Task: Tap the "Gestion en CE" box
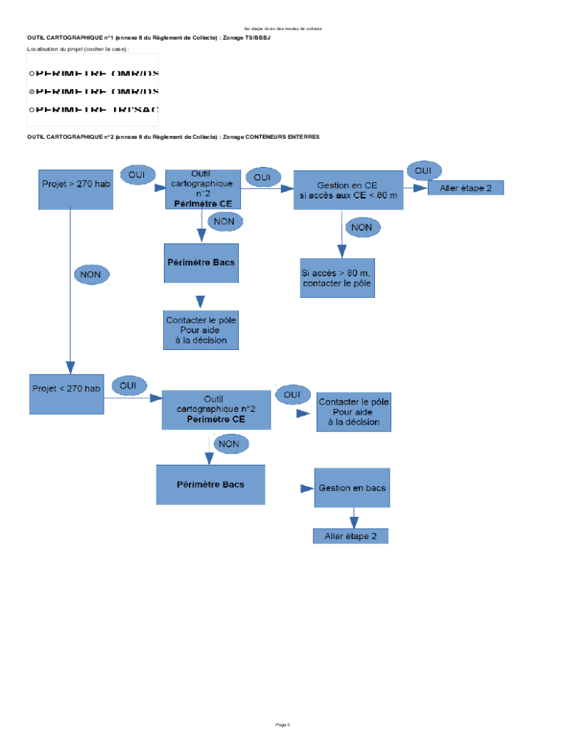(348, 190)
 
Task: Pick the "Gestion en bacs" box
(352, 488)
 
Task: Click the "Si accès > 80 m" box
(337, 277)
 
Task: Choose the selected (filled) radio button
(31, 92)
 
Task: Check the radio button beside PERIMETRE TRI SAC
(31, 110)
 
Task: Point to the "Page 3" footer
(283, 725)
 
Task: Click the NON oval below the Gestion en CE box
(362, 228)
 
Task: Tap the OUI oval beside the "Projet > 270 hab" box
(137, 175)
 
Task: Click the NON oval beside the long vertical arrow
(90, 275)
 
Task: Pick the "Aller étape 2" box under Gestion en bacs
(351, 536)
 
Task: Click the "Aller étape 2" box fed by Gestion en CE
(466, 188)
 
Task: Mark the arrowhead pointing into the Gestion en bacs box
(307, 488)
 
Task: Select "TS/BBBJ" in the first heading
(257, 37)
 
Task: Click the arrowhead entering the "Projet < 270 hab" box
(71, 368)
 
